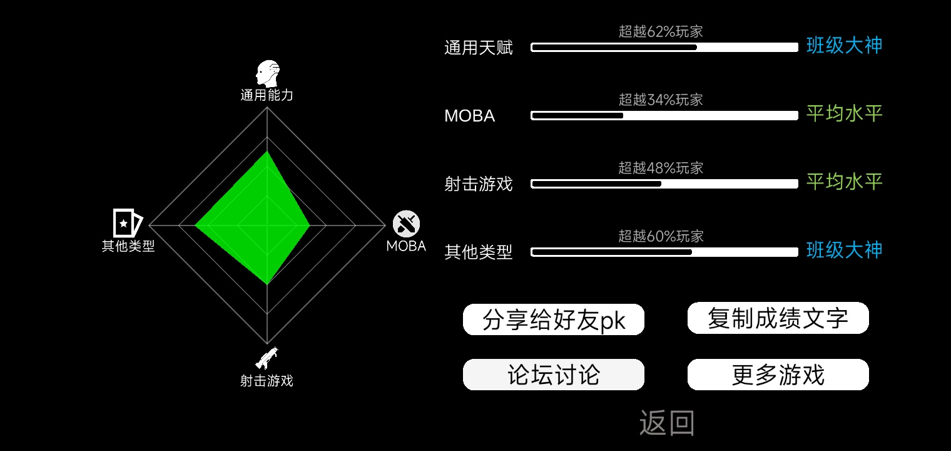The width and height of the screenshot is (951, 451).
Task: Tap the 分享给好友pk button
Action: [554, 319]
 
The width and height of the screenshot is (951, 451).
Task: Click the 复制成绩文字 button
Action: [778, 318]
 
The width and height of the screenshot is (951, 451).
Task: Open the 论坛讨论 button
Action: [554, 375]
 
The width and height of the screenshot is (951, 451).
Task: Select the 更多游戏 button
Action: [778, 375]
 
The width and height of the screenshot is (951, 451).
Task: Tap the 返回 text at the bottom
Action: [667, 423]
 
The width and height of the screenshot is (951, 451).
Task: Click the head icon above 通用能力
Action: [268, 73]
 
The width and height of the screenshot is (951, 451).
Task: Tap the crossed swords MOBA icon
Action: [406, 224]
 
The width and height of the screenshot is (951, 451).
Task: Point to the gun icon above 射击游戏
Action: [267, 358]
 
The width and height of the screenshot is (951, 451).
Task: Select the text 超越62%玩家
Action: [661, 31]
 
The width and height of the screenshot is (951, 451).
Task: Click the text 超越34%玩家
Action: [661, 100]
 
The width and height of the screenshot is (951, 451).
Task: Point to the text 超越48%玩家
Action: [661, 168]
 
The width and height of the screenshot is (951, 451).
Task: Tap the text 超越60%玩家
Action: [661, 236]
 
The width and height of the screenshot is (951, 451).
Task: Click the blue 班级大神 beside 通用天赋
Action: [845, 46]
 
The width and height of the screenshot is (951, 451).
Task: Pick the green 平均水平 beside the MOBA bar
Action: [845, 113]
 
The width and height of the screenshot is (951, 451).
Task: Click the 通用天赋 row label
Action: [479, 48]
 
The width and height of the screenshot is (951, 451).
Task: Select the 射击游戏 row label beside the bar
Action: [479, 184]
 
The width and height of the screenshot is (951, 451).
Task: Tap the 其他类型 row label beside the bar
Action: [479, 252]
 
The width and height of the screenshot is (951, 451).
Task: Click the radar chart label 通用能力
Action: [267, 95]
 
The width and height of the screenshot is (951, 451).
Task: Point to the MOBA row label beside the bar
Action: [469, 116]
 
